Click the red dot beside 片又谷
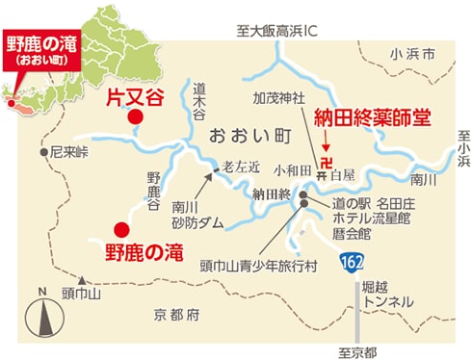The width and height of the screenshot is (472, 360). click(x=136, y=116)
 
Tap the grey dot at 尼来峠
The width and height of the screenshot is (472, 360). click(x=43, y=152)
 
